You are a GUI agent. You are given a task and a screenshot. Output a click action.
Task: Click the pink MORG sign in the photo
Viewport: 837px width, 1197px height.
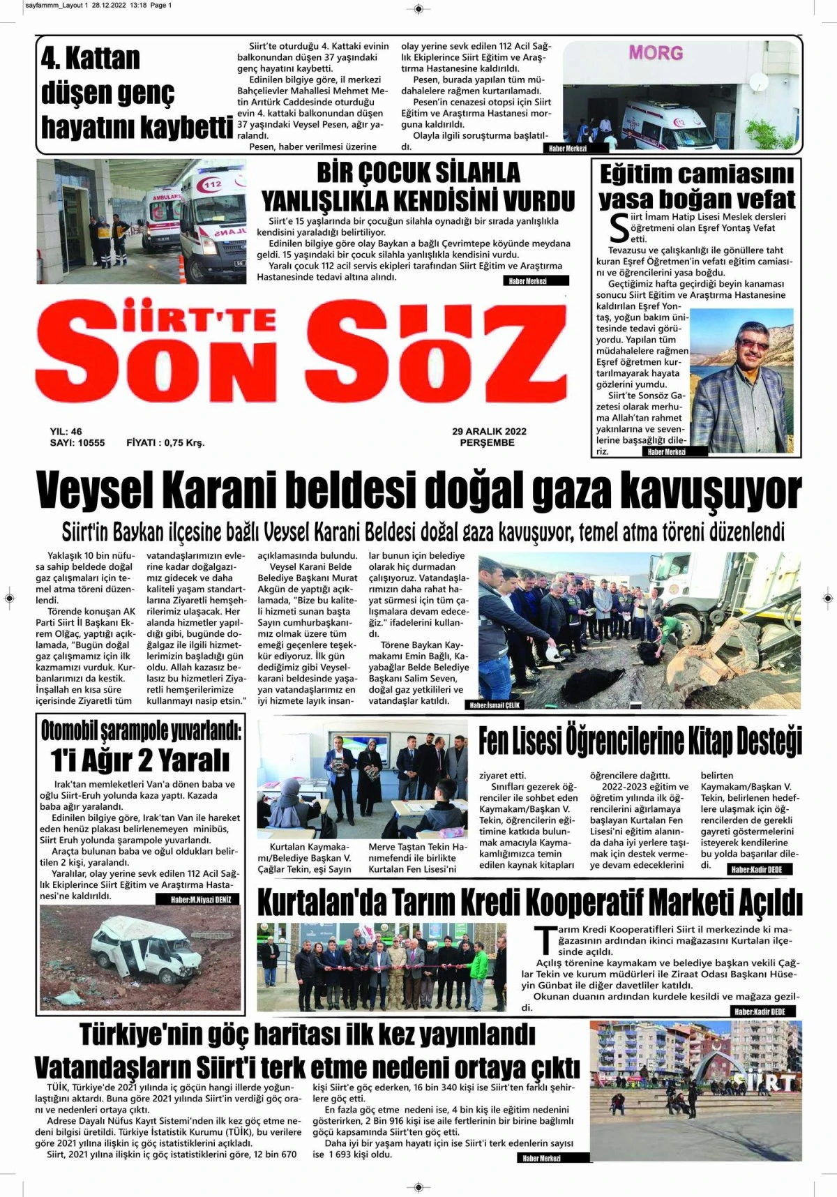click(x=656, y=53)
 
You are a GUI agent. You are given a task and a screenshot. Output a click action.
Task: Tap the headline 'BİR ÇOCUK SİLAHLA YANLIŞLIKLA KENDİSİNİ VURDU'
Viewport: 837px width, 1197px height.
click(x=418, y=186)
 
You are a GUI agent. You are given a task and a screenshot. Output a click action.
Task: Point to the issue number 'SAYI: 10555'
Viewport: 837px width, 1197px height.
click(x=77, y=443)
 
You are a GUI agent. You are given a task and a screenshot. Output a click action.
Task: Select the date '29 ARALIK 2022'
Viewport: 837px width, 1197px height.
click(x=489, y=432)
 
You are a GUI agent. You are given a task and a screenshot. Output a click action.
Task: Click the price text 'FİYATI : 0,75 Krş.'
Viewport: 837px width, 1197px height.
click(x=165, y=443)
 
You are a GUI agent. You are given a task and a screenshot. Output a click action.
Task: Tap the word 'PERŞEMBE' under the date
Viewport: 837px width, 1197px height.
click(x=488, y=443)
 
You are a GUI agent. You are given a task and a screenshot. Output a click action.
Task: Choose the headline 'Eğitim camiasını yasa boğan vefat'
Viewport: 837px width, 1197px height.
click(x=696, y=186)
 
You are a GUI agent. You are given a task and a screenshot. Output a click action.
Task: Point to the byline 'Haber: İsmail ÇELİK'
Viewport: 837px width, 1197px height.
click(x=495, y=705)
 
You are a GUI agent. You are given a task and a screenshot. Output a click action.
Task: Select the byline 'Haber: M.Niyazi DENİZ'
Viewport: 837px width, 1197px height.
click(x=201, y=900)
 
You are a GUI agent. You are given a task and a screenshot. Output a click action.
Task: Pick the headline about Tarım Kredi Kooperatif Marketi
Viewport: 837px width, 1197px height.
click(x=530, y=903)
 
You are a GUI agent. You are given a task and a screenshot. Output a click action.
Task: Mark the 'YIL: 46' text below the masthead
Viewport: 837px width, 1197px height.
click(x=66, y=432)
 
